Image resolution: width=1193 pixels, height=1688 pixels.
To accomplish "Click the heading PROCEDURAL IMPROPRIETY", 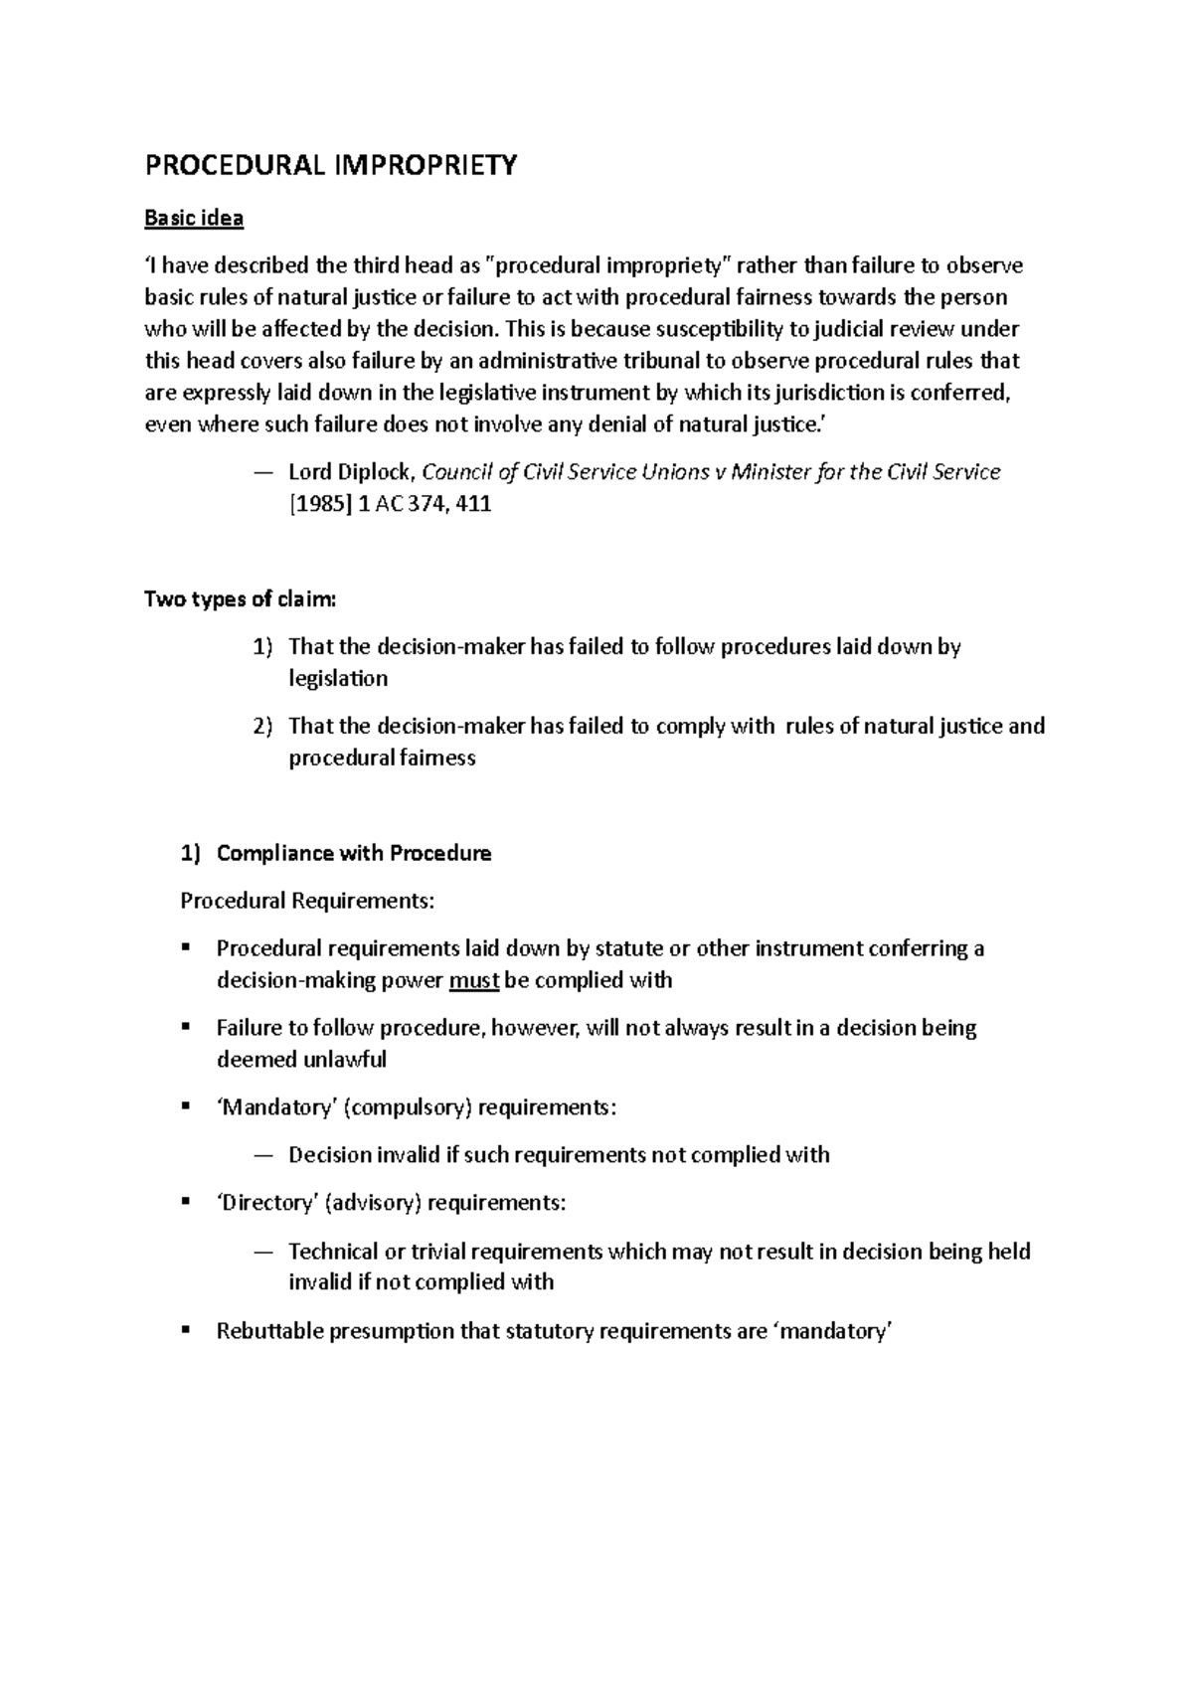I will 331,165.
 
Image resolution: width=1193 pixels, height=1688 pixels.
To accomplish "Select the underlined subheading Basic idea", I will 194,218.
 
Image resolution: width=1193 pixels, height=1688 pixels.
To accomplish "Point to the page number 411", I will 474,504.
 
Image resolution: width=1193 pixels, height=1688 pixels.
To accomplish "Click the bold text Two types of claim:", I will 241,599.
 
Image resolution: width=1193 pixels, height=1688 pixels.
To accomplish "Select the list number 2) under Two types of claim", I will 261,727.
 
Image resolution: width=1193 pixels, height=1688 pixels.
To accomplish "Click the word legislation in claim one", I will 338,679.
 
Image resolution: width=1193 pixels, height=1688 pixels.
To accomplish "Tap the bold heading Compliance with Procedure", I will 354,854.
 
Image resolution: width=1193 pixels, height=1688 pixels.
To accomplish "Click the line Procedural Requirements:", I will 307,902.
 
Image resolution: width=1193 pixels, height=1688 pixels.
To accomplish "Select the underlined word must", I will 473,981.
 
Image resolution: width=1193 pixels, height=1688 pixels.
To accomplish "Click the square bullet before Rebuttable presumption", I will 186,1330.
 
